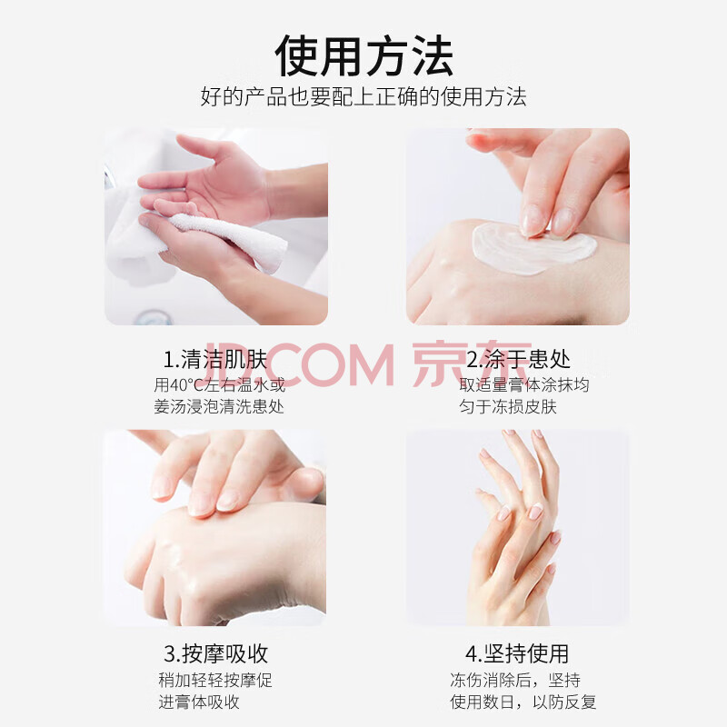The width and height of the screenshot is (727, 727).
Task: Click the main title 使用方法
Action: (364, 55)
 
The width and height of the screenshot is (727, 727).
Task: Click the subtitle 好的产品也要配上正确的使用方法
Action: (363, 97)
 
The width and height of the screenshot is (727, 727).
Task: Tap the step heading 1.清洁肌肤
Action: (215, 359)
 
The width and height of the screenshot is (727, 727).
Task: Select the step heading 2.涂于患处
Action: (518, 359)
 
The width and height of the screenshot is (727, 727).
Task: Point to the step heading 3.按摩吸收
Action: (215, 653)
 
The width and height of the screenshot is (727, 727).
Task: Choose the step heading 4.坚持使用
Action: (517, 653)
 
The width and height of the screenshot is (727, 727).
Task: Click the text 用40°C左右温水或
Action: (219, 384)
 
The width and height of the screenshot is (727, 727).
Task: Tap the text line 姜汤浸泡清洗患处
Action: (219, 406)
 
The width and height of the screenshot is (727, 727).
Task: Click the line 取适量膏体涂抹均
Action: (524, 384)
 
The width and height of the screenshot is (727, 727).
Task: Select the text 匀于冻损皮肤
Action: (508, 406)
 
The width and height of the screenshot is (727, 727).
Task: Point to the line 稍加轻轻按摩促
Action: (215, 680)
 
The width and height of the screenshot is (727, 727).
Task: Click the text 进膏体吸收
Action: (199, 702)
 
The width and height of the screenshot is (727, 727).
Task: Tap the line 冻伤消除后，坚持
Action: (515, 680)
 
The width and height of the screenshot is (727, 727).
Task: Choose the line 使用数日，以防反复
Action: (523, 702)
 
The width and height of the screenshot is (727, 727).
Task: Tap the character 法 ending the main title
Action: (433, 55)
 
